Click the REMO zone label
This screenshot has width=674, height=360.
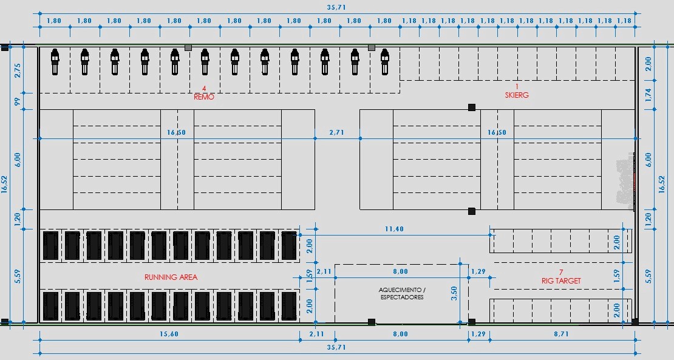point(204,97)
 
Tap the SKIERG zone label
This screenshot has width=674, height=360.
point(517,95)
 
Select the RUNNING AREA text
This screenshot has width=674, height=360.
point(171,277)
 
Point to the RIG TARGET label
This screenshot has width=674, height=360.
point(561,280)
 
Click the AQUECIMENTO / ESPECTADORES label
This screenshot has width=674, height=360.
point(403,293)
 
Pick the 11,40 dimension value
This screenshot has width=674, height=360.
point(394,229)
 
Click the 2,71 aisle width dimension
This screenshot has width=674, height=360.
point(336,132)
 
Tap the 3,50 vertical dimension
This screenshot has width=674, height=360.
point(454,293)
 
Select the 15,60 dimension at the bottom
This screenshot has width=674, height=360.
point(169,334)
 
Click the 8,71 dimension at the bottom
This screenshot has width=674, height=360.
point(561,334)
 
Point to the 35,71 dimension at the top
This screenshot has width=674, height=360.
point(336,7)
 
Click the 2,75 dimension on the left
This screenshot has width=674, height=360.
point(18,70)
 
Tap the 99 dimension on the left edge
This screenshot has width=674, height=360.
point(18,101)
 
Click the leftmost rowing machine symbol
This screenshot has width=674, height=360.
point(55,62)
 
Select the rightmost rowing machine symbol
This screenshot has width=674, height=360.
point(385,62)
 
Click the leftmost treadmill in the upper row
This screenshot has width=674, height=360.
point(51,246)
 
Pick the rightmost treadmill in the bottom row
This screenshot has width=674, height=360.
point(289,306)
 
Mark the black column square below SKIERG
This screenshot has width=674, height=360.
point(472,107)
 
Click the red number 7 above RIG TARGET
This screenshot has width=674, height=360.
point(561,273)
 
